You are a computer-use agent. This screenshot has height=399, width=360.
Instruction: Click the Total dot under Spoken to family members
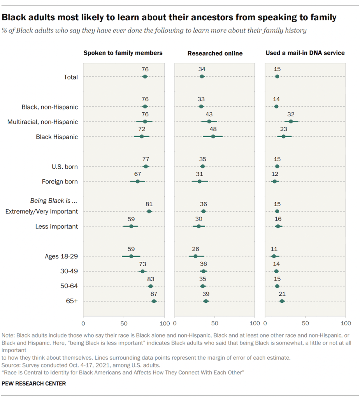(x=145, y=77)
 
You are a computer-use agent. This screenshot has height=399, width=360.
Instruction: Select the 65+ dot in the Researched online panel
(x=206, y=301)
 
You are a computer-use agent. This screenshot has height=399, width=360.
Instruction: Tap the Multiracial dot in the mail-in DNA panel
(x=291, y=122)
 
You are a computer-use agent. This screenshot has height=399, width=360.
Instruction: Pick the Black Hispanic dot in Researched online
(x=213, y=137)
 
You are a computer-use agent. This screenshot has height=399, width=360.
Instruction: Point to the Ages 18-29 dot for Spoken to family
(x=131, y=256)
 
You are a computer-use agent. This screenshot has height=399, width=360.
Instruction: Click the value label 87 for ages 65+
(x=154, y=294)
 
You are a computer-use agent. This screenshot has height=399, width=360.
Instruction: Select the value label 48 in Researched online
(x=213, y=129)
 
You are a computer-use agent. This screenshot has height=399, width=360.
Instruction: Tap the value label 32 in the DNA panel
(x=291, y=114)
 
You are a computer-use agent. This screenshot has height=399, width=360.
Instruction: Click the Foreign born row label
(x=60, y=182)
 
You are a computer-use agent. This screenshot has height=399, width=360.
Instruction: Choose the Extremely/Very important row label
(x=42, y=212)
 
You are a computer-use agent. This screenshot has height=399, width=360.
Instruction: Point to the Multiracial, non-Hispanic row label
(x=43, y=122)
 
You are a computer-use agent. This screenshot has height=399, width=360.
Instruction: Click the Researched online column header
(x=215, y=53)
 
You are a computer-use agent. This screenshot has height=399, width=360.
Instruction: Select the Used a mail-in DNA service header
(x=305, y=53)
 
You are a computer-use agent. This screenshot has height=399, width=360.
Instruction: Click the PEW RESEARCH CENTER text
(x=34, y=384)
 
